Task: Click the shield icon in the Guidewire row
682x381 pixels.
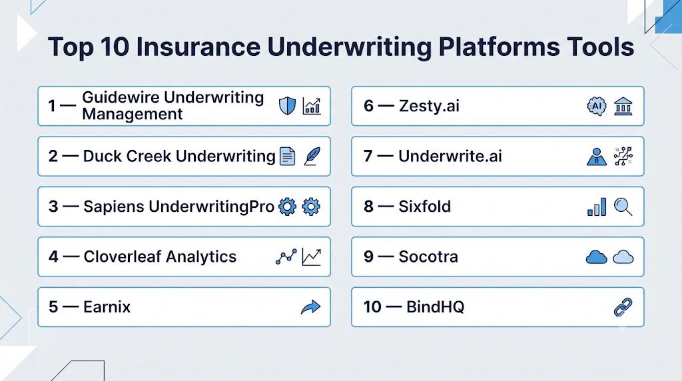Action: click(x=287, y=106)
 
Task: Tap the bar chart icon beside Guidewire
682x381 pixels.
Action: click(x=312, y=106)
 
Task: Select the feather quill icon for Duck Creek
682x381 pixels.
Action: click(x=312, y=156)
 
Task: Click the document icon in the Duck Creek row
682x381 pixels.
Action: click(x=287, y=156)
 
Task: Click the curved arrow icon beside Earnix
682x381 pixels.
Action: click(x=310, y=307)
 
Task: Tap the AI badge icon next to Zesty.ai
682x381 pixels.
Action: click(x=596, y=106)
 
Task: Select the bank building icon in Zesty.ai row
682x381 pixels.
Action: click(x=623, y=106)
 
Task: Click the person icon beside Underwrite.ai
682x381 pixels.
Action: click(x=596, y=157)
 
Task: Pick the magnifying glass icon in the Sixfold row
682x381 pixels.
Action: click(x=623, y=206)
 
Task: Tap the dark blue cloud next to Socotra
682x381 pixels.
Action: click(x=596, y=257)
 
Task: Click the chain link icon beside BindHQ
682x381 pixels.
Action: click(x=623, y=307)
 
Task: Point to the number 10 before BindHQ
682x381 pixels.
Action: click(x=372, y=307)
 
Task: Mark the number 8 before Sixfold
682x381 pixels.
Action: click(x=368, y=206)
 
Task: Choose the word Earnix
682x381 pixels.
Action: click(x=107, y=307)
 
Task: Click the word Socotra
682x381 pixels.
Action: click(x=428, y=256)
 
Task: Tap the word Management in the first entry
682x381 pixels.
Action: click(x=133, y=115)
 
